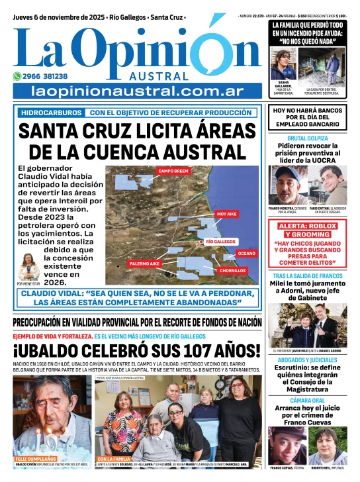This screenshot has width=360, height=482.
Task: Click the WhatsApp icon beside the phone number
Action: (18, 76)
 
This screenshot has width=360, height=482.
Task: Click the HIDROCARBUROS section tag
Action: (52, 113)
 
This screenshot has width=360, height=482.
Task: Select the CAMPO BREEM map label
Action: (174, 171)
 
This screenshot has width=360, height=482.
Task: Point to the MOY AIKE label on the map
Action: (226, 214)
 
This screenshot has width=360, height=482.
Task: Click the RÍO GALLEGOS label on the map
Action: (220, 242)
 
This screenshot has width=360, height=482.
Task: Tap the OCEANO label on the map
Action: (246, 254)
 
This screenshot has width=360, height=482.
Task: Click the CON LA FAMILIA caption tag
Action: (114, 459)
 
